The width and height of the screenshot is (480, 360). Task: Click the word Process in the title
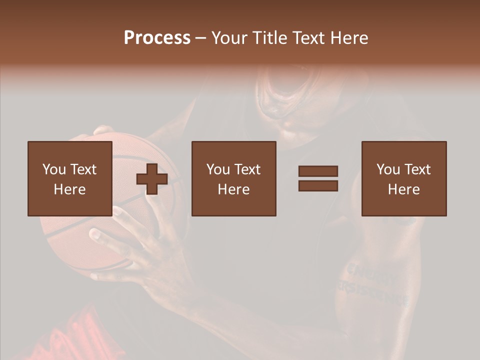(157, 38)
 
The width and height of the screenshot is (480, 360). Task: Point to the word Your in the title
(229, 38)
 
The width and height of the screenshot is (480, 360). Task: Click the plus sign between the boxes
(152, 178)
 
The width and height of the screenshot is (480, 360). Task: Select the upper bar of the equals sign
(318, 171)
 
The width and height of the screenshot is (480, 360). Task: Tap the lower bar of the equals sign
(318, 186)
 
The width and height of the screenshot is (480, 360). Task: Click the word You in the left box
(53, 169)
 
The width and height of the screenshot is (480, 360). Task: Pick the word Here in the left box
(69, 189)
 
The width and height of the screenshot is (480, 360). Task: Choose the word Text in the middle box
(247, 169)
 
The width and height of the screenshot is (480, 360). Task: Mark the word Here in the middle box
(233, 189)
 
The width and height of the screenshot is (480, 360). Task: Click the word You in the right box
(387, 169)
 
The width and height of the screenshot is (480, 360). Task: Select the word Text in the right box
(417, 169)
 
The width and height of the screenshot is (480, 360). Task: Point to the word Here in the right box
(403, 189)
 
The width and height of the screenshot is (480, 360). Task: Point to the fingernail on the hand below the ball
(95, 233)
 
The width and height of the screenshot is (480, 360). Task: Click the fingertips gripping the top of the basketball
(102, 130)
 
